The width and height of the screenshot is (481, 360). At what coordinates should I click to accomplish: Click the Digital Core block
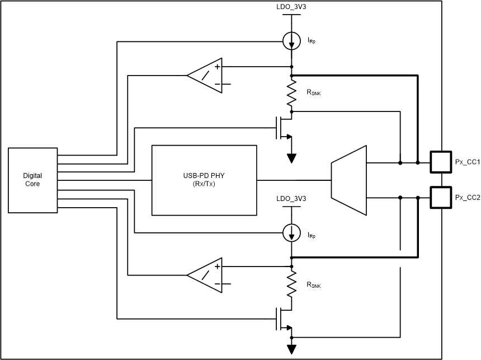point(32,180)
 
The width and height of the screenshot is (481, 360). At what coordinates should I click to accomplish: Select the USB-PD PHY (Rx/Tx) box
point(205,180)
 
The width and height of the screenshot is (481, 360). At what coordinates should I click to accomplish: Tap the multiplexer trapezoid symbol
point(349,180)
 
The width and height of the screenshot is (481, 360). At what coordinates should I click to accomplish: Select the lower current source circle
point(291,232)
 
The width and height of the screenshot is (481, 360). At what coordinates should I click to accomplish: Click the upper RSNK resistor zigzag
point(291,93)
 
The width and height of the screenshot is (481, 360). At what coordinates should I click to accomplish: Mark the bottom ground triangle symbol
point(291,349)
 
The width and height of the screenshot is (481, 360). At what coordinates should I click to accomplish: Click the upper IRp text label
point(312,40)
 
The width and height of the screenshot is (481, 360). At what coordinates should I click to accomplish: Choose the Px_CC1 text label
point(467,163)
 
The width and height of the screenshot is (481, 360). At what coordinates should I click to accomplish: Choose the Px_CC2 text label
point(467,198)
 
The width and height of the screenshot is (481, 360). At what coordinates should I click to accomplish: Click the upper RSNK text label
point(314,93)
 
